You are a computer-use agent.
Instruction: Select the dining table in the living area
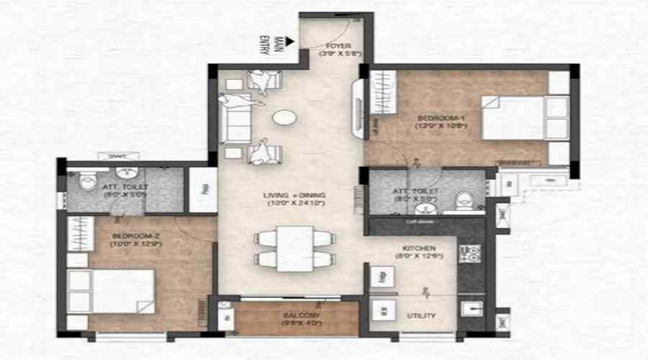pyautogui.click(x=294, y=248)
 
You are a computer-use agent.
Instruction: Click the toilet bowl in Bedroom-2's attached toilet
pyautogui.click(x=89, y=181)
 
